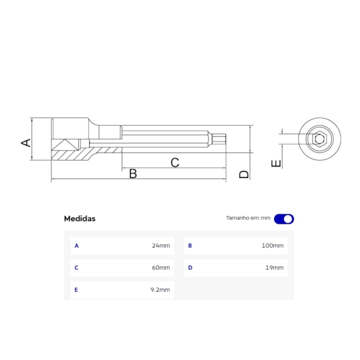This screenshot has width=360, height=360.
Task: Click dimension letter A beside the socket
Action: pyautogui.click(x=26, y=142)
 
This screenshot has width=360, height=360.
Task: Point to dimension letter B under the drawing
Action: pyautogui.click(x=133, y=173)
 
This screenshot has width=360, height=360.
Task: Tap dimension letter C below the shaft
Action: pyautogui.click(x=174, y=162)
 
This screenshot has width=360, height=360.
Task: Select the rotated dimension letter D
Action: pyautogui.click(x=244, y=174)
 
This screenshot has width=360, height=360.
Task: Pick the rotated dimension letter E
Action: pyautogui.click(x=276, y=163)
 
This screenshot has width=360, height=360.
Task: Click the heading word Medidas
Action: pyautogui.click(x=80, y=219)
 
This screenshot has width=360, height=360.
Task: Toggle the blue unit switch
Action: pyautogui.click(x=284, y=219)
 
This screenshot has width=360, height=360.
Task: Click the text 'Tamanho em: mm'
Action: pyautogui.click(x=248, y=218)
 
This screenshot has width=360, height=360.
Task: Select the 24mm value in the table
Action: pyautogui.click(x=161, y=246)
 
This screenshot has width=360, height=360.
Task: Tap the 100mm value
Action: pyautogui.click(x=272, y=246)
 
